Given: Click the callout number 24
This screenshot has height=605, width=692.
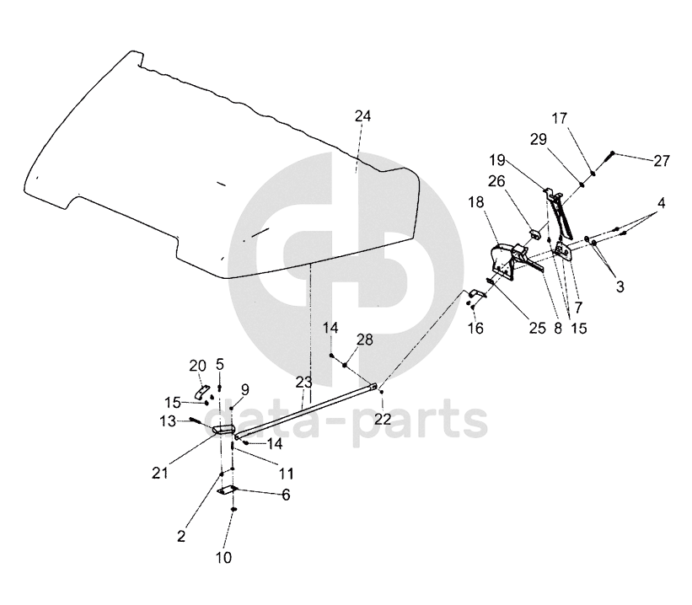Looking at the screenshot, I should click(x=362, y=116).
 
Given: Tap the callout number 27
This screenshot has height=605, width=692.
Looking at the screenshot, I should click(x=662, y=161).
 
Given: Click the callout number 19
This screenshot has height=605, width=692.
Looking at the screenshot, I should click(x=496, y=158).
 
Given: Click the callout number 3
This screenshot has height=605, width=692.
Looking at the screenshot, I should click(x=620, y=287).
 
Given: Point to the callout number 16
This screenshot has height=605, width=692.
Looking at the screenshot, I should click(x=476, y=329).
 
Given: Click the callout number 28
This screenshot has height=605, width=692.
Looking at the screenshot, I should click(x=364, y=340).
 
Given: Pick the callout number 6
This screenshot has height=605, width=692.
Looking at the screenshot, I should click(x=286, y=495).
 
